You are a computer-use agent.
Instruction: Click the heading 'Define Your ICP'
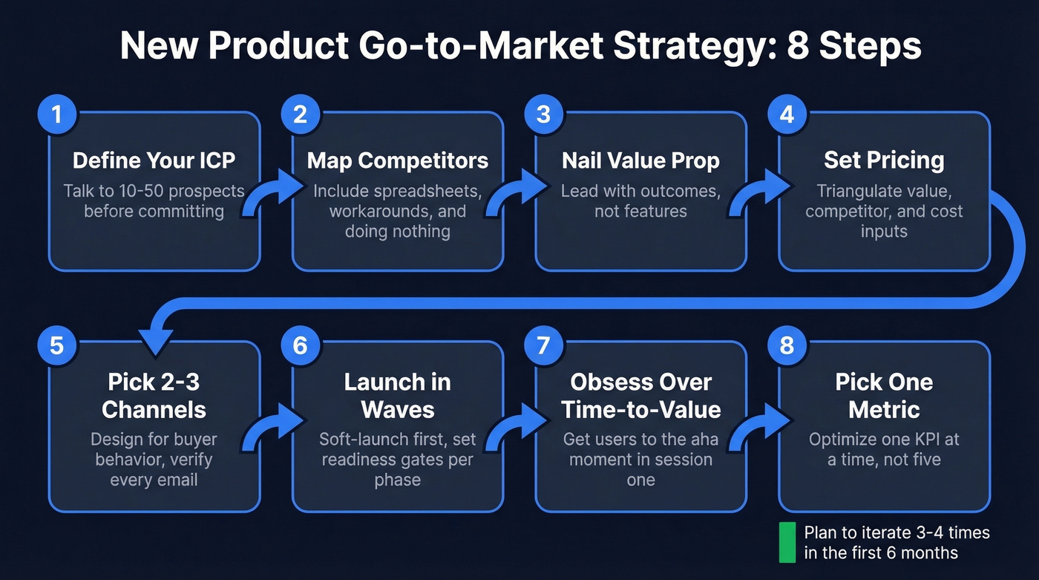coord(154,160)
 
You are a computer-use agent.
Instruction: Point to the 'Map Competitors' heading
coord(398,160)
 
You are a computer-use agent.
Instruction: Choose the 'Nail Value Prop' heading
coord(640,160)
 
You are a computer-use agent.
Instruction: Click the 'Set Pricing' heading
coord(884,160)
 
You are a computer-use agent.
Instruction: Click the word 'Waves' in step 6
coord(397,410)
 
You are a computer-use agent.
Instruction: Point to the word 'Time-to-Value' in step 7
coord(640,410)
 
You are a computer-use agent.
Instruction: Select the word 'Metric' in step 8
coord(884,410)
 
